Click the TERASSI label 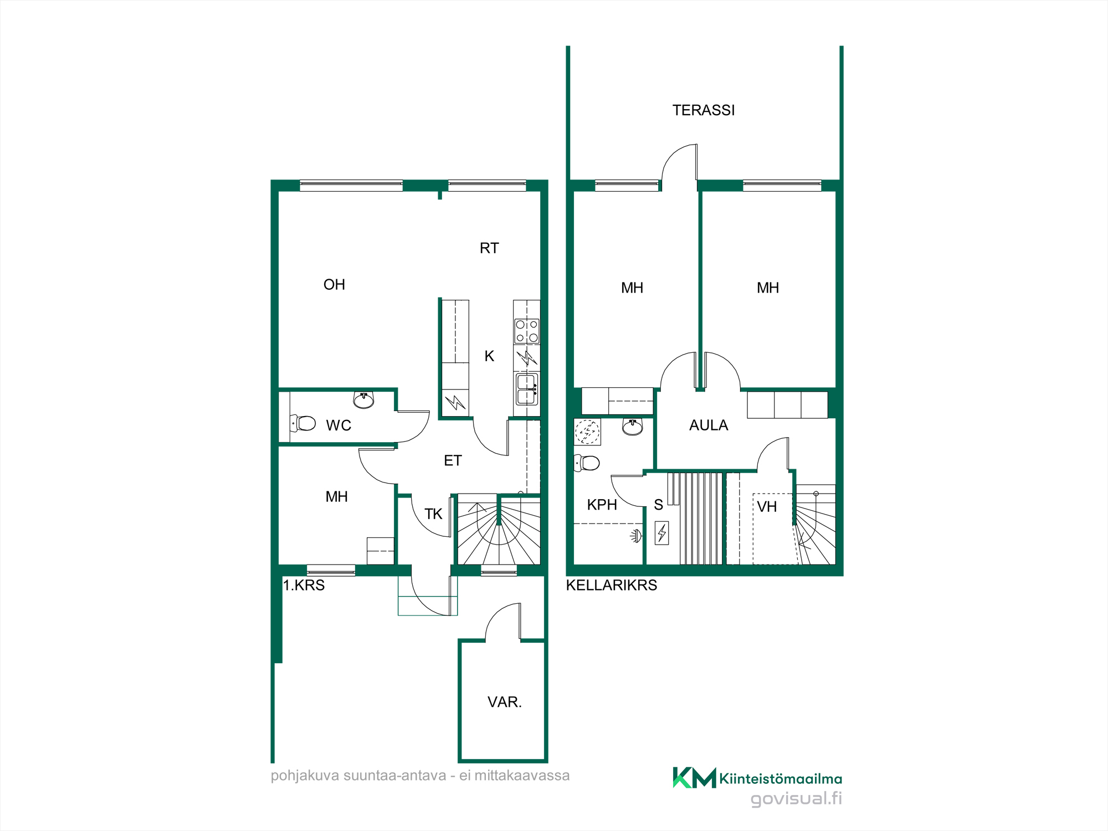(704, 110)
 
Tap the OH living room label (334, 285)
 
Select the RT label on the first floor (489, 248)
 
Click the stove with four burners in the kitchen (527, 331)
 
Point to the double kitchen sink (527, 389)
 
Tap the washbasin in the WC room (363, 399)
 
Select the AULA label (709, 425)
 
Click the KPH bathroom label (602, 505)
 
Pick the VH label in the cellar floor (767, 507)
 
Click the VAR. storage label (505, 702)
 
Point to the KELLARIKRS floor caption (612, 585)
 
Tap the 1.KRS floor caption (304, 585)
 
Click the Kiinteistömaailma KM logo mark (694, 778)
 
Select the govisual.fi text (796, 798)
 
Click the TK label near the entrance (433, 514)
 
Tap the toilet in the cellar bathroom (587, 463)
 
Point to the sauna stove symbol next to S (661, 533)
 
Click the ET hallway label (453, 461)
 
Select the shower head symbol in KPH (636, 536)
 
